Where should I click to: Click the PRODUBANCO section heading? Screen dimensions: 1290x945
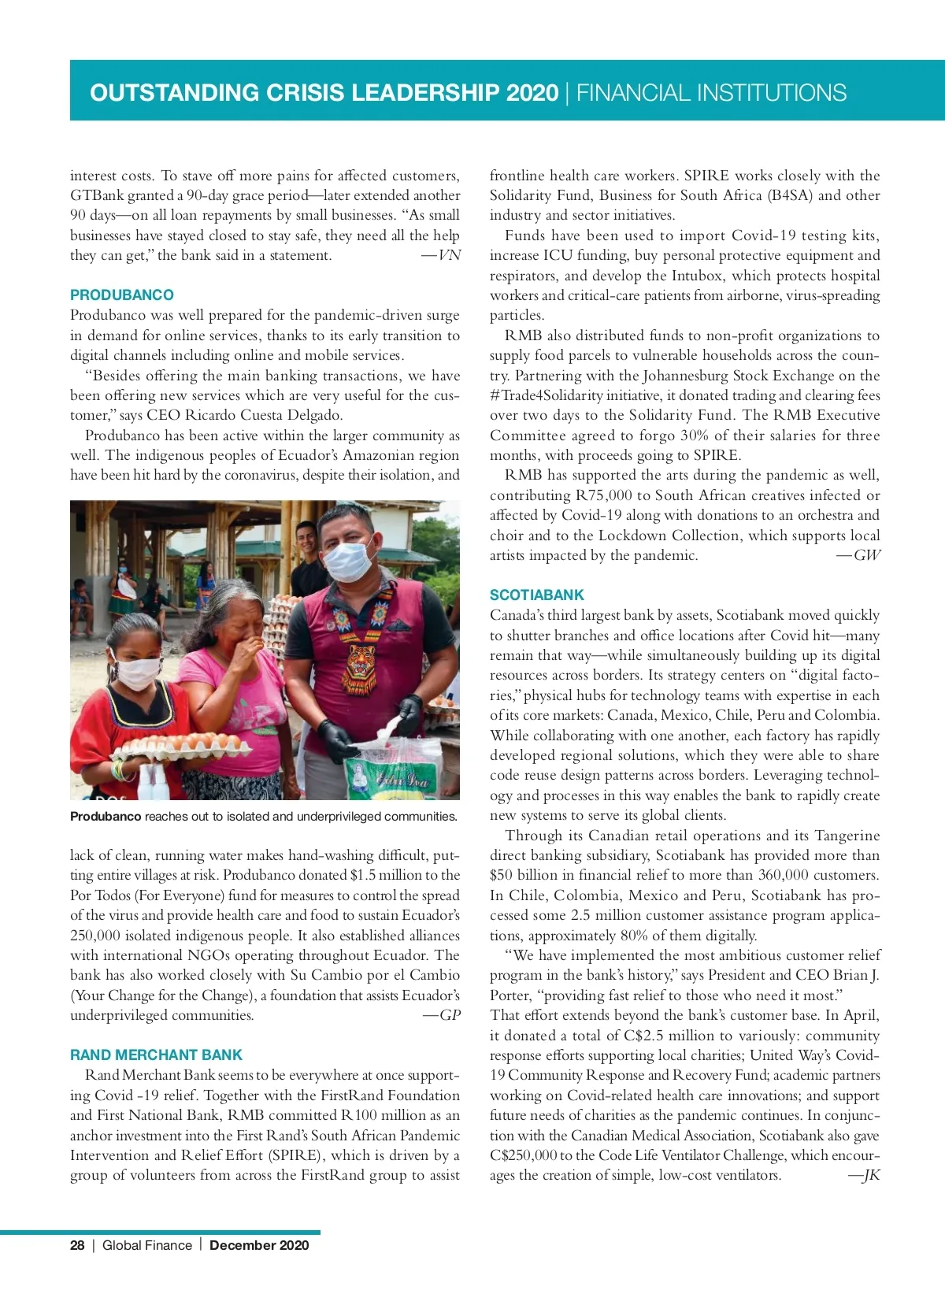[x=122, y=295]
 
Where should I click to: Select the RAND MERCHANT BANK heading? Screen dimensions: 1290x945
[x=156, y=1055]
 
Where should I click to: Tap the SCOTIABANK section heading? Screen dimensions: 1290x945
[x=537, y=595]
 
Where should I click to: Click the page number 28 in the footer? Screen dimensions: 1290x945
[x=77, y=1245]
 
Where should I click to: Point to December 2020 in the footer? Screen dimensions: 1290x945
[x=259, y=1245]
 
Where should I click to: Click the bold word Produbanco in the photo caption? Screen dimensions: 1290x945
[x=106, y=817]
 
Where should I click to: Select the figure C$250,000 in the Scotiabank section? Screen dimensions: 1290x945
[x=523, y=1155]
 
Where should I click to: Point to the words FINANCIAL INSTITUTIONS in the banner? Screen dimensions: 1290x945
[x=711, y=93]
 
